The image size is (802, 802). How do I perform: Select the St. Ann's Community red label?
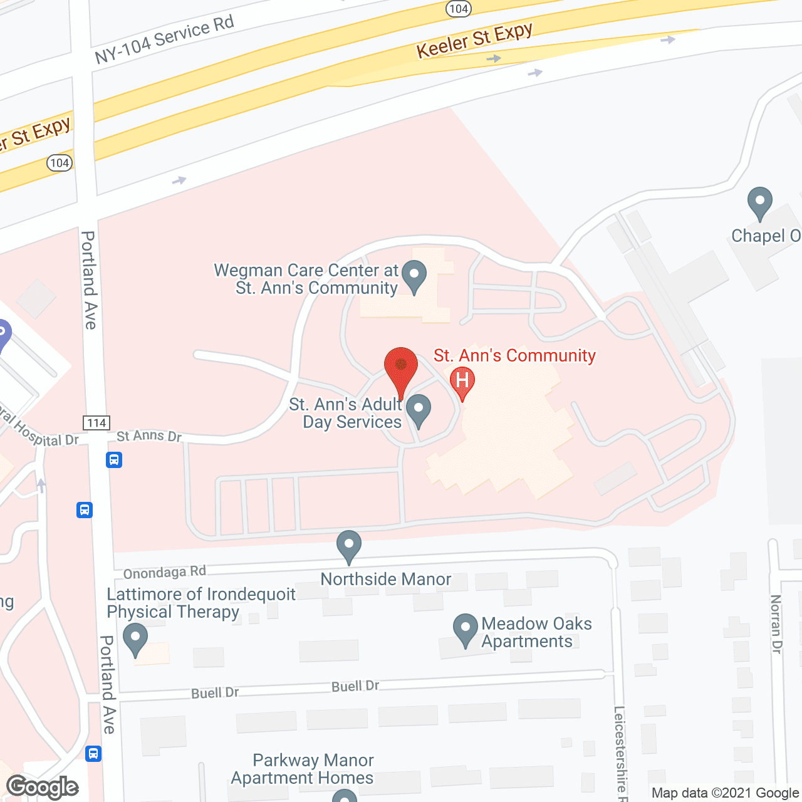tap(514, 355)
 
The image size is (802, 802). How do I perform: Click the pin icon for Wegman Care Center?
tap(414, 276)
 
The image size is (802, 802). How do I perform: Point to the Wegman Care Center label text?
tap(307, 279)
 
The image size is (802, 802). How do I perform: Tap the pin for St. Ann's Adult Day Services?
tap(419, 410)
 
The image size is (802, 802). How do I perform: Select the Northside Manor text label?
tap(385, 579)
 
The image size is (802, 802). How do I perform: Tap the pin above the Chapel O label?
tap(759, 203)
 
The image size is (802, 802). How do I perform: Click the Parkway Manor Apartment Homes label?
tap(303, 769)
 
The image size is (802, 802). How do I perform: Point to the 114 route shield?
tap(96, 423)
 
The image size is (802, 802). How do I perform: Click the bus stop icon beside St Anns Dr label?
tap(113, 460)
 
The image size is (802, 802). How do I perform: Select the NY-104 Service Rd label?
tap(164, 39)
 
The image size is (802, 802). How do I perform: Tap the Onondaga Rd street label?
tap(164, 572)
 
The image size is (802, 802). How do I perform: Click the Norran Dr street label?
tap(776, 624)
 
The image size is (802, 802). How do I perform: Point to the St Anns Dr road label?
tap(149, 435)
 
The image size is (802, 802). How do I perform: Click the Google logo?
tap(43, 787)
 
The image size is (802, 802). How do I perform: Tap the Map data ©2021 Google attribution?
tap(725, 793)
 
